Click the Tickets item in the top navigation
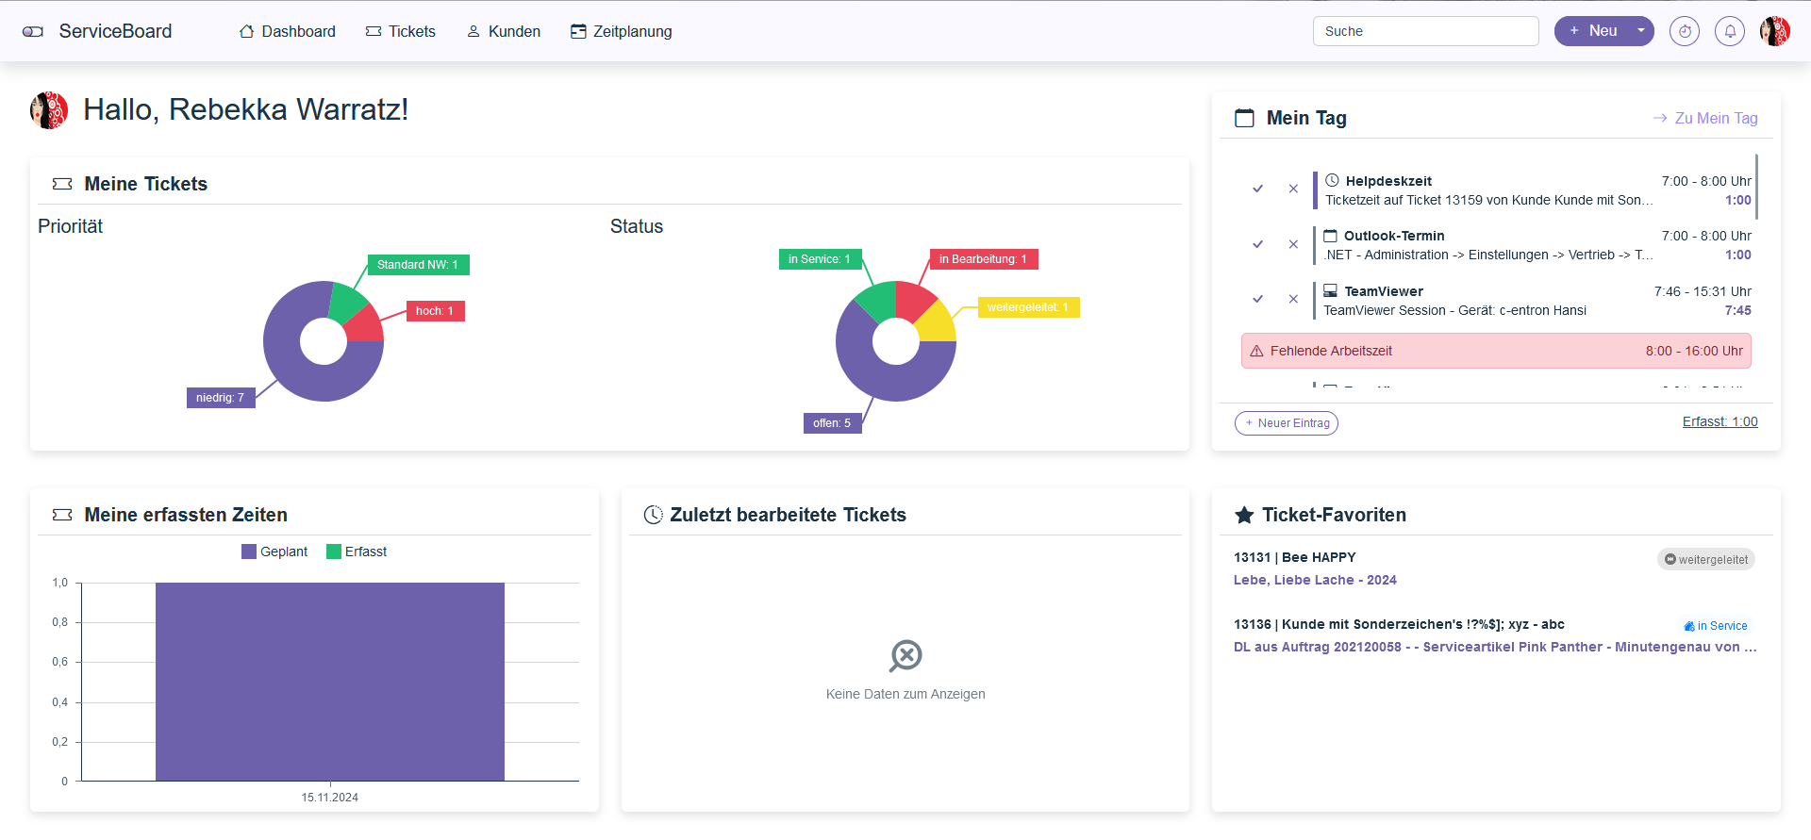coord(401,31)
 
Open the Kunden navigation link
coord(504,31)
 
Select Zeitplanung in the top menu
coord(622,31)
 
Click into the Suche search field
coord(1425,31)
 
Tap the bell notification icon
coord(1730,31)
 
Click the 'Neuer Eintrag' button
coord(1287,423)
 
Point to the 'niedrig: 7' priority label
coord(221,398)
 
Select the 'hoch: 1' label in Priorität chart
coord(435,311)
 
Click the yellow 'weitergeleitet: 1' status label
coord(1028,307)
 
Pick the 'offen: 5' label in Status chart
coord(832,423)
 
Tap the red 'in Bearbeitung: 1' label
coord(983,259)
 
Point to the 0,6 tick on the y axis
coord(60,662)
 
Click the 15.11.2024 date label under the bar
coord(330,798)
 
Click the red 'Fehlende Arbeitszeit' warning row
coord(1496,351)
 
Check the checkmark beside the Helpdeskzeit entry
coord(1257,189)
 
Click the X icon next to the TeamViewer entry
coord(1293,299)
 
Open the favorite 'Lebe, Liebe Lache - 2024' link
coord(1315,580)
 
